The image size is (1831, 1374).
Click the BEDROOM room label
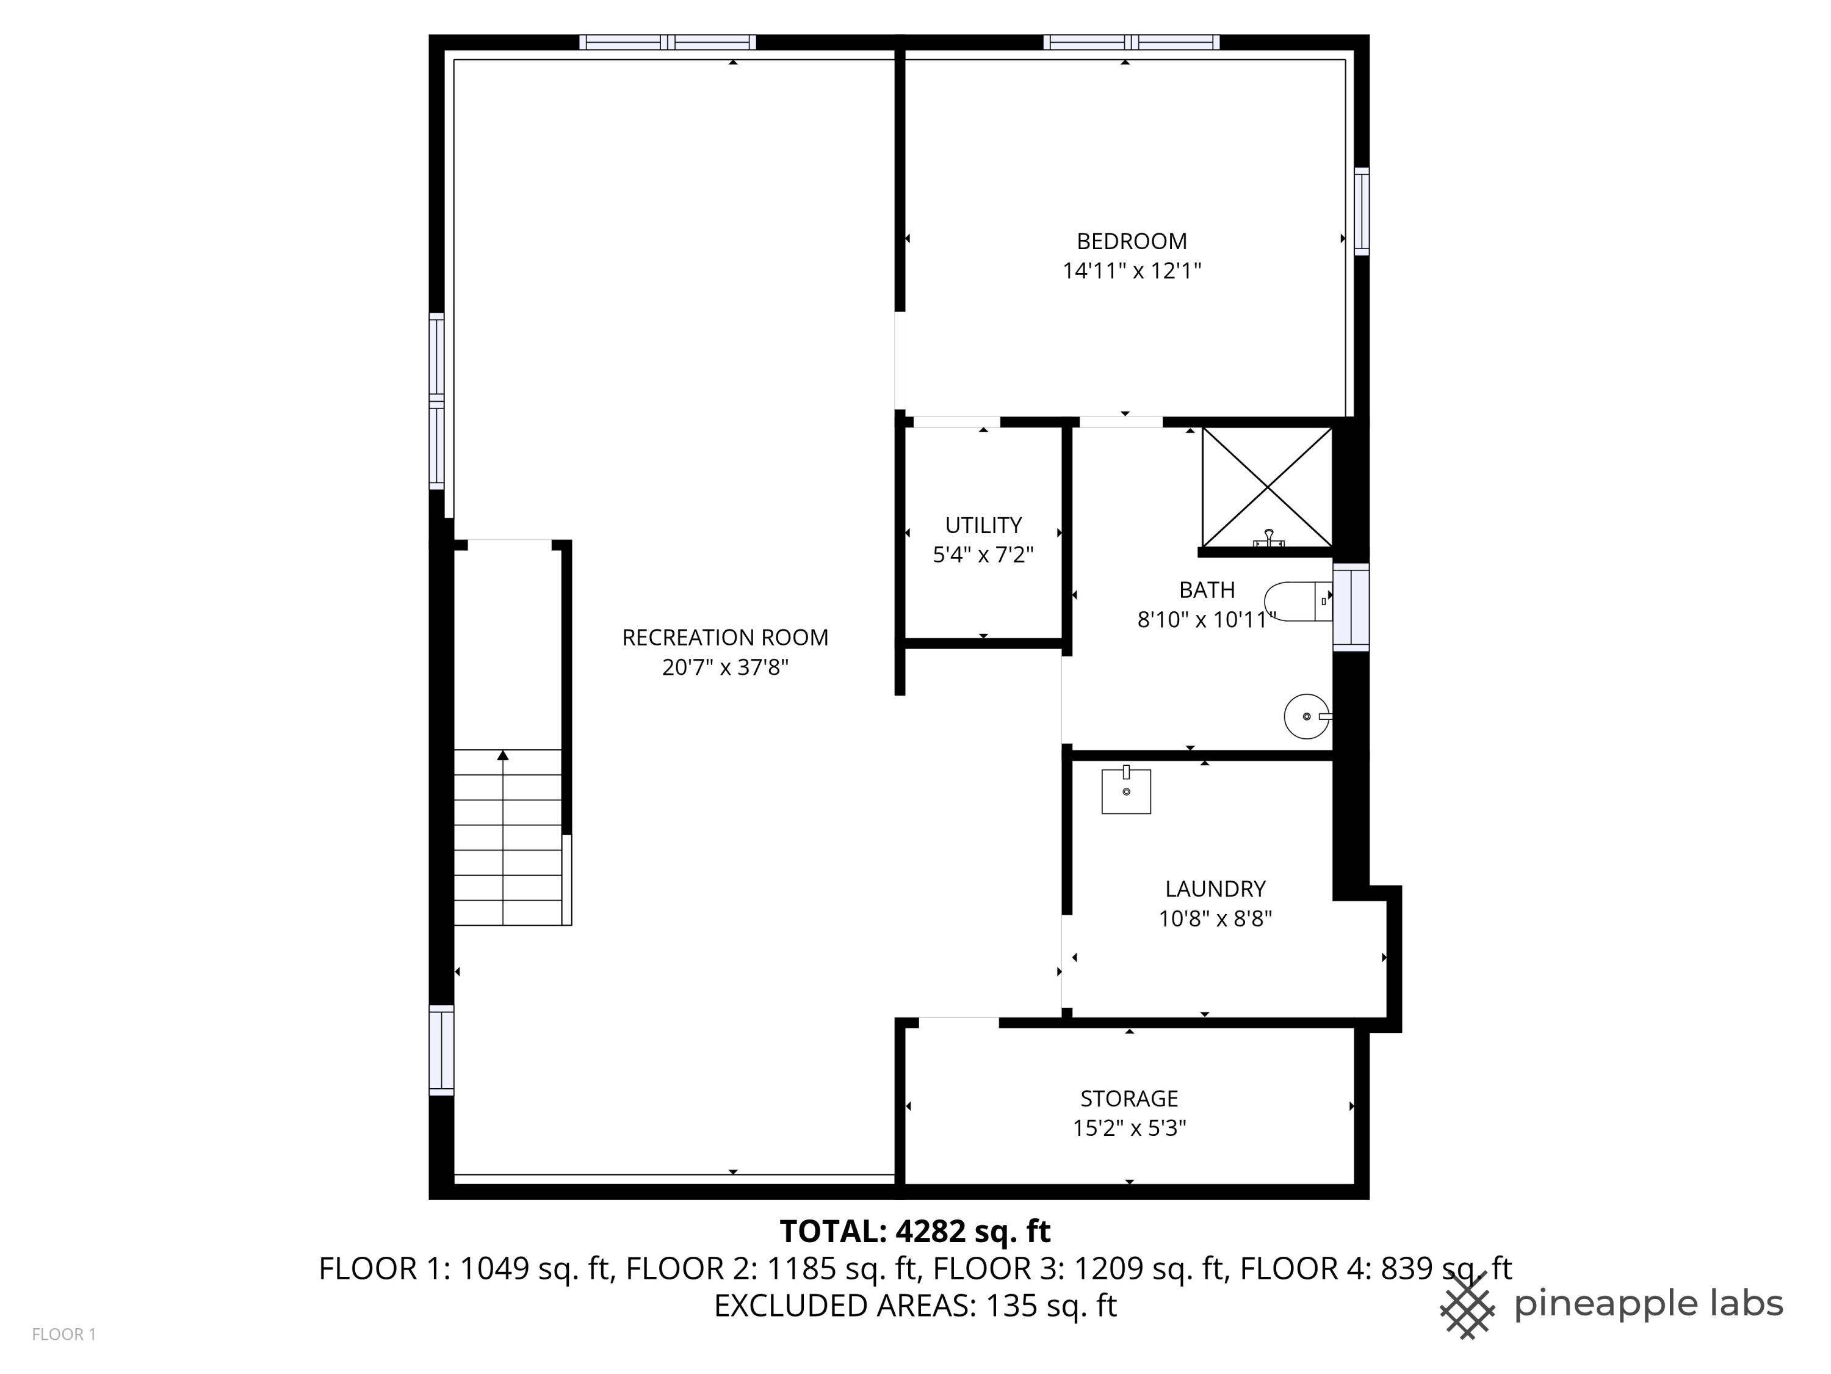(1132, 241)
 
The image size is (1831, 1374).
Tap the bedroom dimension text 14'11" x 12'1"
(1132, 271)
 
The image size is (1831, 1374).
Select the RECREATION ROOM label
(725, 638)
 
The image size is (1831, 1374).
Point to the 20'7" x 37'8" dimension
(725, 667)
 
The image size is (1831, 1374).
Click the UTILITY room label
(983, 525)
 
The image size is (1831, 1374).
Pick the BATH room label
(1207, 590)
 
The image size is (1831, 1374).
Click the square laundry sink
(1125, 790)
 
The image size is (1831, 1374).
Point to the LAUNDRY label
(1215, 889)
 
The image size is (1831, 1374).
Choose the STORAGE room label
(1129, 1098)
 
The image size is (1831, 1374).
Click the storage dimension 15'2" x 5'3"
(1129, 1128)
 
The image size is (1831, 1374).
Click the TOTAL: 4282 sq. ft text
(915, 1232)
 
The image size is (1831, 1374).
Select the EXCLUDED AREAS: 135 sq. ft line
(915, 1306)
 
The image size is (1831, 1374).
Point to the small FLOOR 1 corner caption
(63, 1334)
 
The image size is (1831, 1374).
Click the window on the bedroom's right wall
(1361, 211)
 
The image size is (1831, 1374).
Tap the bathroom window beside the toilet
(1350, 607)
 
